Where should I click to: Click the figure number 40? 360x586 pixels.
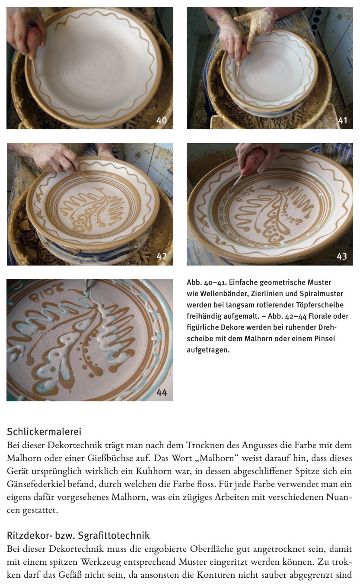pyautogui.click(x=161, y=120)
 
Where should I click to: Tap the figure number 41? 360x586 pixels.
pyautogui.click(x=342, y=120)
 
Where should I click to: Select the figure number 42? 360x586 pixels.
pyautogui.click(x=161, y=256)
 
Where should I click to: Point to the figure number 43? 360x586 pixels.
pyautogui.click(x=342, y=256)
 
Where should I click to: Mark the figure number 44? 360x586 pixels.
pyautogui.click(x=162, y=392)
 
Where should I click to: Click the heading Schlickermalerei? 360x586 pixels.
pyautogui.click(x=44, y=432)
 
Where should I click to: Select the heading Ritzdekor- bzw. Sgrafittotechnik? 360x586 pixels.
pyautogui.click(x=78, y=535)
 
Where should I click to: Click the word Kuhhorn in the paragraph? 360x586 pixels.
pyautogui.click(x=152, y=471)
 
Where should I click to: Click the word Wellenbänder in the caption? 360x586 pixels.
pyautogui.click(x=223, y=294)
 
